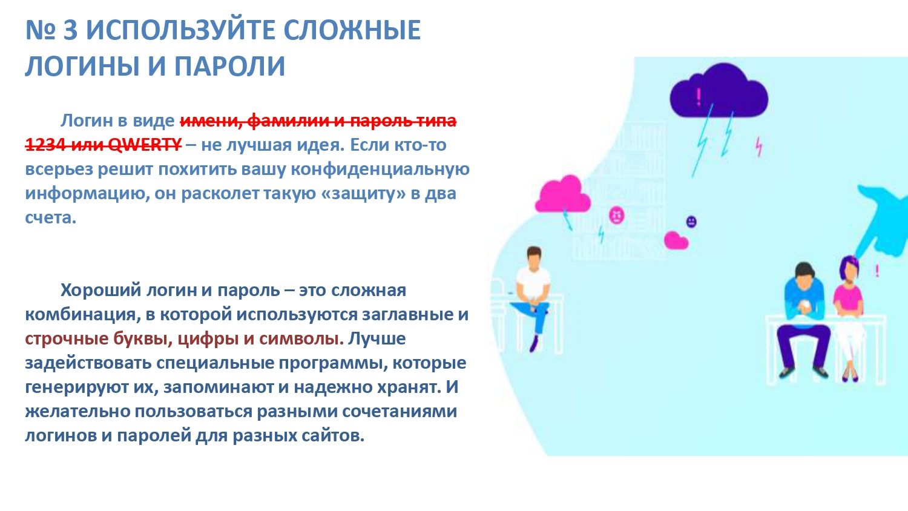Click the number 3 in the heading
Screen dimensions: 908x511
point(70,30)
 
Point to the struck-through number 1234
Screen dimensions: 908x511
point(45,144)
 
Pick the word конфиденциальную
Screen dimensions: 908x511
point(380,169)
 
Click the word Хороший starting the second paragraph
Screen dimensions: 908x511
point(100,291)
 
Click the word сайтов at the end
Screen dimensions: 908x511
point(333,436)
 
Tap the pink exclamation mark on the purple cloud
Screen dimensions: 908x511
point(699,96)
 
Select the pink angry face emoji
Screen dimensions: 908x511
point(617,215)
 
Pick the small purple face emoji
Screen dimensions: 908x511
point(691,222)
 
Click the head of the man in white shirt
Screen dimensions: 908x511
point(534,257)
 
